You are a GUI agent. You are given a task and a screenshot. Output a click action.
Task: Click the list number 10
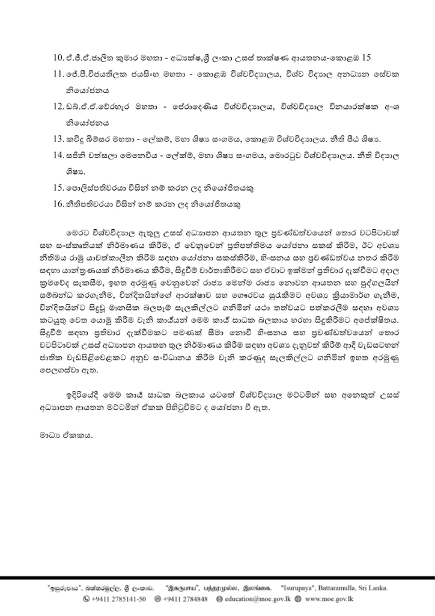click(x=58, y=58)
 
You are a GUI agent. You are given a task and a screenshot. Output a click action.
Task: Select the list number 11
click(x=58, y=75)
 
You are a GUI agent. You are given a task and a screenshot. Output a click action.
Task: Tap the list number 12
click(x=58, y=108)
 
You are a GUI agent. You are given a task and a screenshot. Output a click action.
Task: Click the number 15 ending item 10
click(x=367, y=58)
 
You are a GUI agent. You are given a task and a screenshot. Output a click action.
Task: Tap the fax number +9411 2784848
click(x=183, y=599)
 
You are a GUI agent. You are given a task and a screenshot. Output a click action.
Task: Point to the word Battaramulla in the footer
click(x=344, y=588)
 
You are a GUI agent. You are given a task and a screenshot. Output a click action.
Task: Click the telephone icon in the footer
click(x=87, y=599)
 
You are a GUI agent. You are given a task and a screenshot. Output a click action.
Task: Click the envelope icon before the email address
click(x=219, y=599)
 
